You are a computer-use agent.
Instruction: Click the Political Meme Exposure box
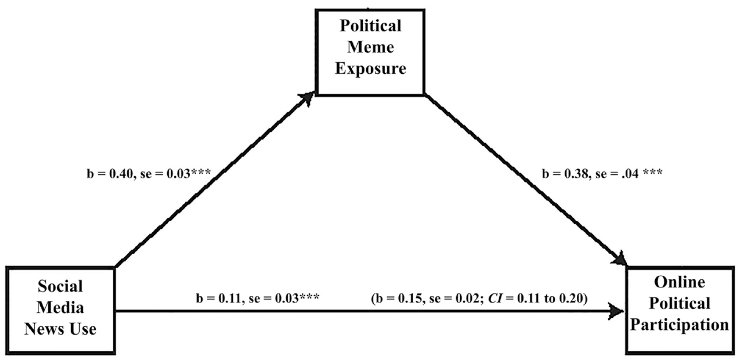pyautogui.click(x=370, y=52)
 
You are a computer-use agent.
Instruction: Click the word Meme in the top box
pyautogui.click(x=371, y=47)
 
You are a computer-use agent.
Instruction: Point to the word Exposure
pyautogui.click(x=371, y=68)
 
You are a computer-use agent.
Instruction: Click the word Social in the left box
pyautogui.click(x=60, y=287)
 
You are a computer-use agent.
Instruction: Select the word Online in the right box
pyautogui.click(x=679, y=282)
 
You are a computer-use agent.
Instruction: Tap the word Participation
pyautogui.click(x=679, y=324)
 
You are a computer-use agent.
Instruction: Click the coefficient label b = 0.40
pyautogui.click(x=109, y=174)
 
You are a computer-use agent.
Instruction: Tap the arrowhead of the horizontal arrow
pyautogui.click(x=617, y=311)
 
